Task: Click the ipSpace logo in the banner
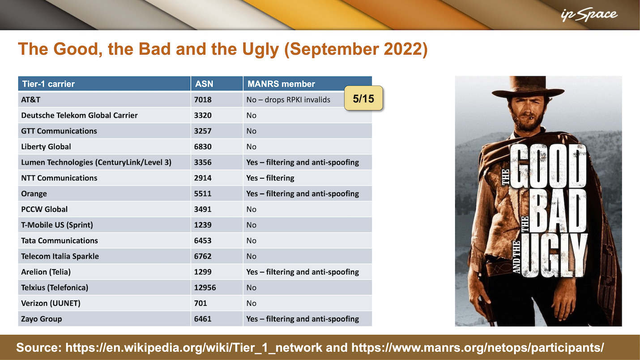click(x=589, y=15)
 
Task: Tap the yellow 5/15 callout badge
click(x=363, y=98)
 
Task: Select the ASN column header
click(x=204, y=84)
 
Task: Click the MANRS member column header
click(x=281, y=84)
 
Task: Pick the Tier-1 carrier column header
click(x=48, y=84)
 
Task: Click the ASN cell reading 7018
click(x=203, y=99)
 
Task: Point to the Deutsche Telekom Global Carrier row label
click(x=79, y=115)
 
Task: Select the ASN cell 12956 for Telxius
click(x=205, y=287)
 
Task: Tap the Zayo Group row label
click(x=42, y=319)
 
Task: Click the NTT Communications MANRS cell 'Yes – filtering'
click(x=270, y=178)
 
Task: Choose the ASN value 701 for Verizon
click(x=201, y=303)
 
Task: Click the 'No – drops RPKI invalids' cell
click(x=288, y=99)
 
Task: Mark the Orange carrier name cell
click(x=34, y=193)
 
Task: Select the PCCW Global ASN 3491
click(x=203, y=209)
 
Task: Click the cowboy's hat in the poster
click(x=528, y=87)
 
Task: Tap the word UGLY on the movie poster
click(x=554, y=255)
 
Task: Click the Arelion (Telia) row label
click(x=46, y=272)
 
